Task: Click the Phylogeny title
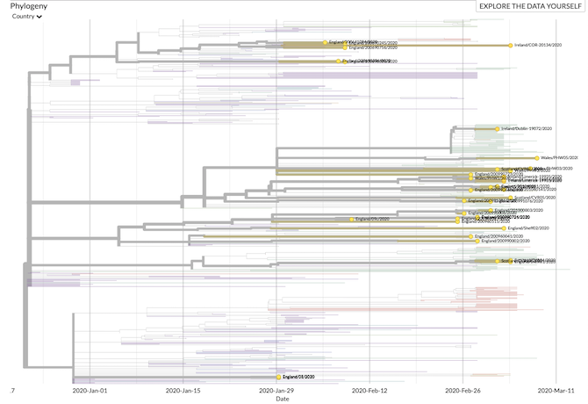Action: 28,6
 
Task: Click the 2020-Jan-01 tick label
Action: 90,390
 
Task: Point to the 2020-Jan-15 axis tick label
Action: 183,390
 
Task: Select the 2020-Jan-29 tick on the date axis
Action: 277,390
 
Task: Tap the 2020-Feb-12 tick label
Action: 371,390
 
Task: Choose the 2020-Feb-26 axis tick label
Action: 464,390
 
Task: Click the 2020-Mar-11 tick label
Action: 557,390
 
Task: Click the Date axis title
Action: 282,399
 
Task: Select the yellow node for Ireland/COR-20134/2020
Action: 512,45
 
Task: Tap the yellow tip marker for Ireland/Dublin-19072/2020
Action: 498,128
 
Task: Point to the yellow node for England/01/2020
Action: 278,376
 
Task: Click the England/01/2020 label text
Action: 298,376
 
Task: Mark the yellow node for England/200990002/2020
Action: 470,241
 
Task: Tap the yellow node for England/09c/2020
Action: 352,219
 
